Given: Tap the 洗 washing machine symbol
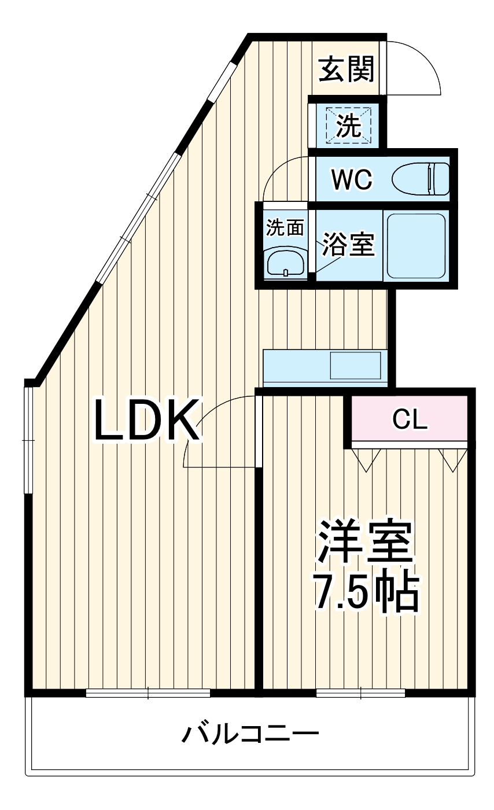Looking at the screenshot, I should tap(349, 126).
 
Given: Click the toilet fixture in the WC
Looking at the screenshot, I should tap(421, 179).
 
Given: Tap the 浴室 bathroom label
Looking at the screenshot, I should tap(349, 245).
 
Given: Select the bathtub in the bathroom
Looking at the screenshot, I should tap(415, 246).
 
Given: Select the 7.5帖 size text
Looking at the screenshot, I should tap(365, 592).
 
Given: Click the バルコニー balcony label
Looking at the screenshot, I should tap(250, 734).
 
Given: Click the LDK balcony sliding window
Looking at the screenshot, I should tap(148, 693).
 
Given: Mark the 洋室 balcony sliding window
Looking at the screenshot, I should tap(360, 693).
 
